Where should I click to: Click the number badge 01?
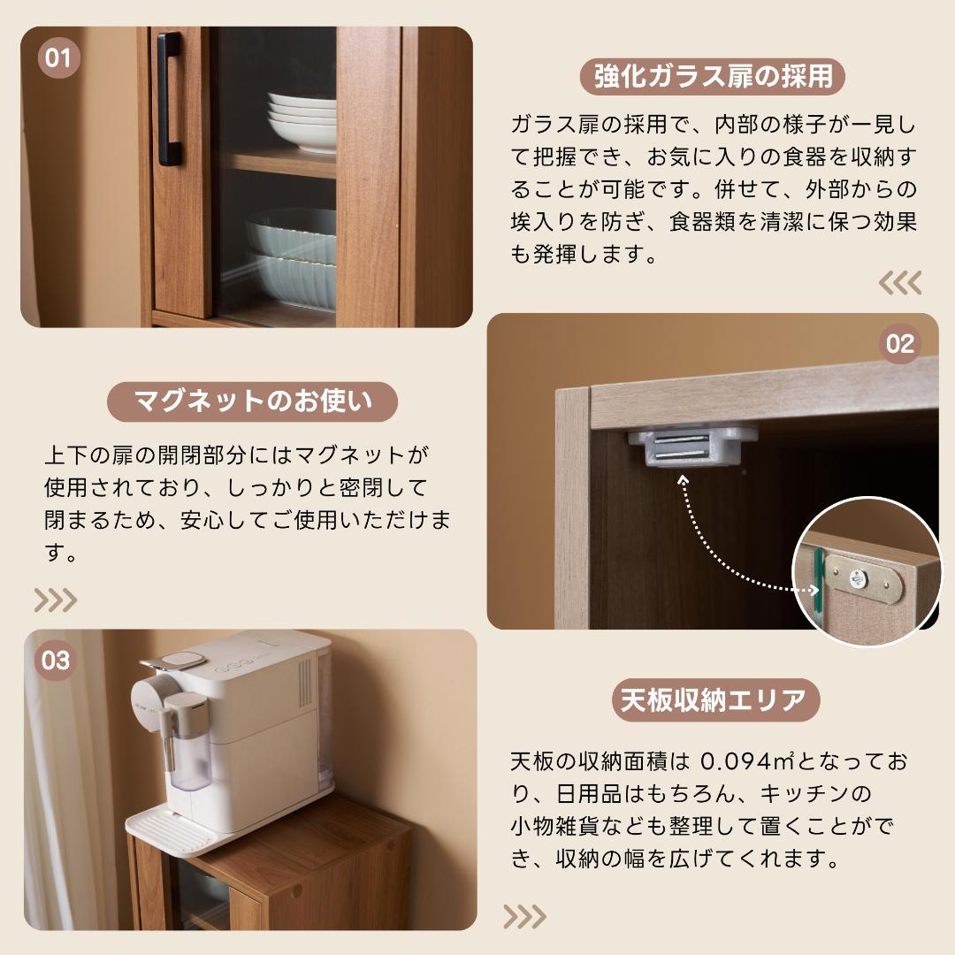coord(57,59)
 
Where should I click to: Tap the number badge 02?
coord(899,343)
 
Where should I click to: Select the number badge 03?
coord(55,661)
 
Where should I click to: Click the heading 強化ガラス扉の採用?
coord(713,77)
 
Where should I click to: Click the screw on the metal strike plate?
coord(855,580)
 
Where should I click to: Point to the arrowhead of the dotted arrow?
coord(683,480)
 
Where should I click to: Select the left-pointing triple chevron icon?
coord(899,283)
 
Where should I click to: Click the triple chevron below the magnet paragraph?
coord(56,600)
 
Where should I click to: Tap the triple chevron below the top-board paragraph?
coord(524,917)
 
